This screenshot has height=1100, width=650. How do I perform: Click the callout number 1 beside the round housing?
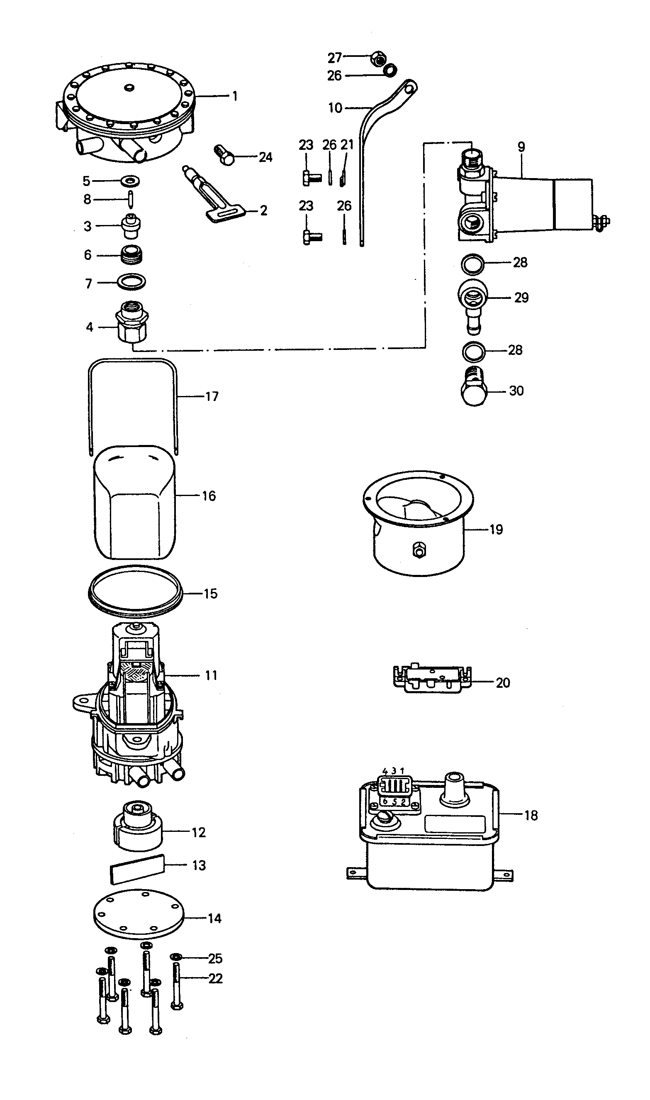tap(235, 96)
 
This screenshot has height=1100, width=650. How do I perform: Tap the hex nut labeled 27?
tap(378, 57)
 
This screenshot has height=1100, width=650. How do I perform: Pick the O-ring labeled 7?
tap(132, 282)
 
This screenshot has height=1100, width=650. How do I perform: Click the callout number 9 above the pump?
tap(521, 147)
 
